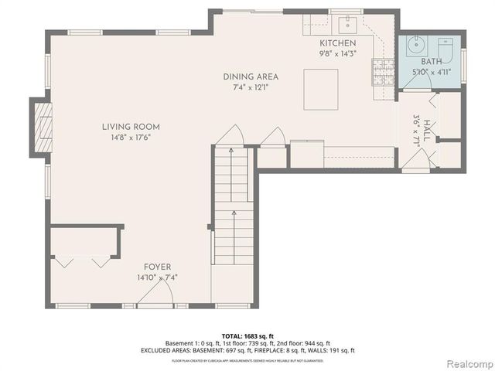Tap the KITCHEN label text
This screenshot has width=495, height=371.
[338, 43]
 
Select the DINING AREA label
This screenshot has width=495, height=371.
[251, 77]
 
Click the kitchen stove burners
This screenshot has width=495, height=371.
[381, 71]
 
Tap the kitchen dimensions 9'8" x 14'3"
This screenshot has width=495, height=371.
[338, 54]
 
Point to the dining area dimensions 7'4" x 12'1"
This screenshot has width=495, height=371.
[251, 87]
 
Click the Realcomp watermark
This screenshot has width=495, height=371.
[466, 363]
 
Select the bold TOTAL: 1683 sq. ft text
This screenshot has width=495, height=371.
[247, 336]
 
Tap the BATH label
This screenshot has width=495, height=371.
[430, 62]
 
